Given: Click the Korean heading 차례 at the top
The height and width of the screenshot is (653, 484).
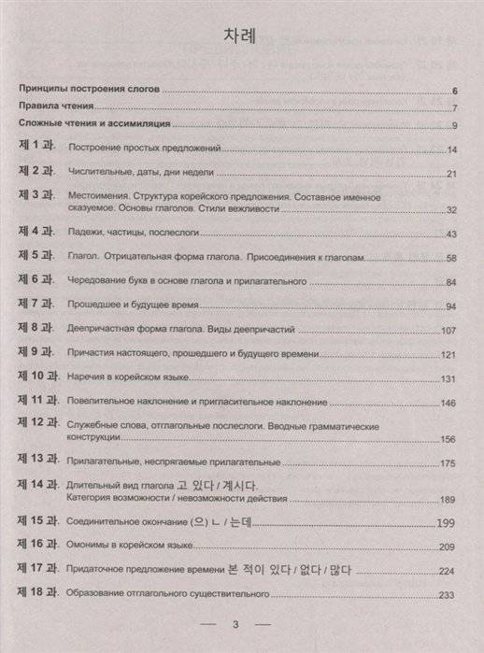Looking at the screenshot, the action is tap(241, 35).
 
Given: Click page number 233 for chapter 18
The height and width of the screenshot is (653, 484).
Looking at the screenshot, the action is tap(447, 596).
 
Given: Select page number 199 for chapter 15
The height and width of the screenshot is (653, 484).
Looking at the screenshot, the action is tap(445, 520).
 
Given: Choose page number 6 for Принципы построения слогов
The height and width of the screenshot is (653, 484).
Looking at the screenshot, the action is tap(452, 91).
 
